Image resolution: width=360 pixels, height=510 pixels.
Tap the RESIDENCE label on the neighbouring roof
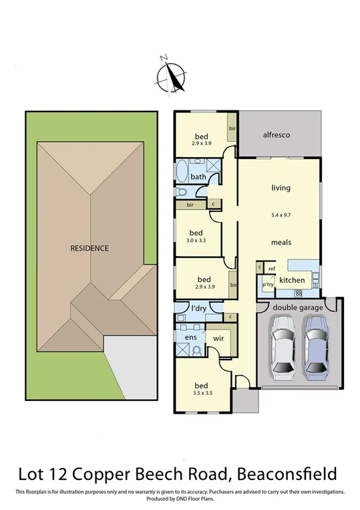(89, 248)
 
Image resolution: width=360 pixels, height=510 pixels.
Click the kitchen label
(292, 279)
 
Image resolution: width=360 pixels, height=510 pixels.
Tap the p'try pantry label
(268, 285)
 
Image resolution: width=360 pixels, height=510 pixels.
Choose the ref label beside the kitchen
(272, 269)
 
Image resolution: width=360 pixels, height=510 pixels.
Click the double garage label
(297, 307)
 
